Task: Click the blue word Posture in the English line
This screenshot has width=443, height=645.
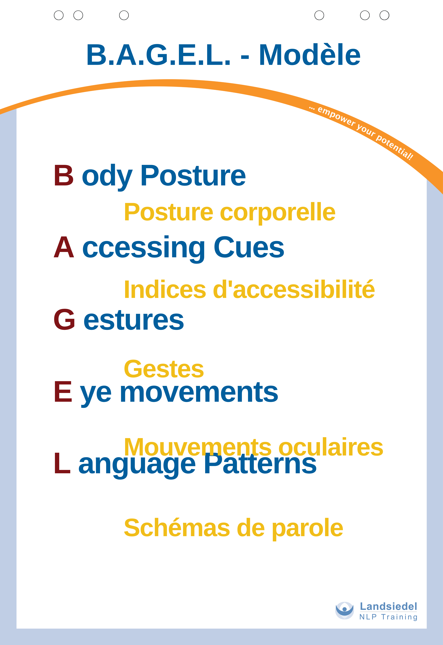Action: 193,175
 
